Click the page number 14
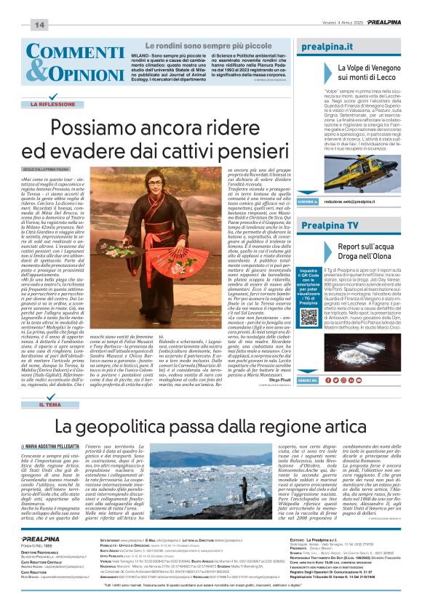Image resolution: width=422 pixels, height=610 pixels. [39, 25]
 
